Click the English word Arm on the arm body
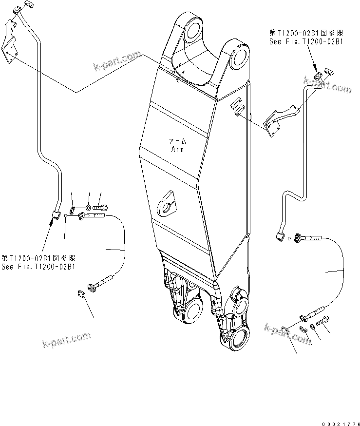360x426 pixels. (x=177, y=150)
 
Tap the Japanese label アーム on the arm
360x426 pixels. (x=177, y=141)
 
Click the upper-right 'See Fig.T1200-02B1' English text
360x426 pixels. (x=306, y=42)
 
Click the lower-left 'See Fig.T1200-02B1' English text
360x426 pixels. (x=38, y=267)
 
